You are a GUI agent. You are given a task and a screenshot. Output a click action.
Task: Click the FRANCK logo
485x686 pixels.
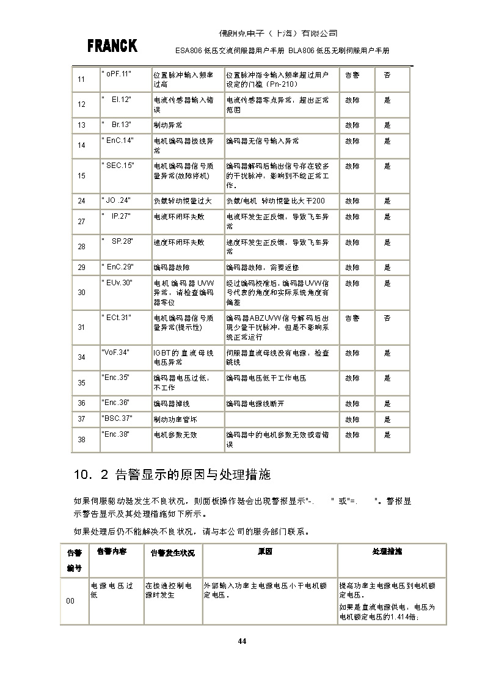pyautogui.click(x=112, y=46)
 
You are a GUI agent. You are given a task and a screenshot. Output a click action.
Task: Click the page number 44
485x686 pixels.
pyautogui.click(x=242, y=641)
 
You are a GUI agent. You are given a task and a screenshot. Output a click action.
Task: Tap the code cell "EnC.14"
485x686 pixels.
pyautogui.click(x=117, y=140)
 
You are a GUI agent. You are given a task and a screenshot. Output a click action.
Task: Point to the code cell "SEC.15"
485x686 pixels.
pyautogui.click(x=117, y=165)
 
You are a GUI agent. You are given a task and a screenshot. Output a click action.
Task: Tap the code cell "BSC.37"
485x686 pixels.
pyautogui.click(x=117, y=418)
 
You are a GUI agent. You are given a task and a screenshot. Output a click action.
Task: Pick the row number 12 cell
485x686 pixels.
pyautogui.click(x=82, y=104)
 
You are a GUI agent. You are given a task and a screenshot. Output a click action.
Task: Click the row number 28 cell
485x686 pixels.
pyautogui.click(x=82, y=247)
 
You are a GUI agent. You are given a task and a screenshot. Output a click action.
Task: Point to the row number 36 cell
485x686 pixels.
pyautogui.click(x=82, y=404)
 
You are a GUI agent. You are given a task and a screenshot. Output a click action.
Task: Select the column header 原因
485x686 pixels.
pyautogui.click(x=264, y=551)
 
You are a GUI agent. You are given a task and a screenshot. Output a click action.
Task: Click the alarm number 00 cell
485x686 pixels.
pyautogui.click(x=70, y=601)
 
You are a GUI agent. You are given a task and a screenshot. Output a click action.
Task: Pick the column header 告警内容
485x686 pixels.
pyautogui.click(x=112, y=551)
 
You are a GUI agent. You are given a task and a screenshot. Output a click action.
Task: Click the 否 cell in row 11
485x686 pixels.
pyautogui.click(x=387, y=75)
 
